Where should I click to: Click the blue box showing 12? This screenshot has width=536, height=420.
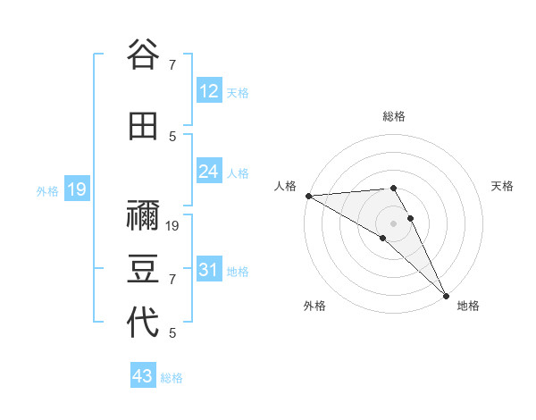point(209,91)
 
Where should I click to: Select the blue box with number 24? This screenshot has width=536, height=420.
point(209,171)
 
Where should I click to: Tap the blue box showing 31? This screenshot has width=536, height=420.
point(209,270)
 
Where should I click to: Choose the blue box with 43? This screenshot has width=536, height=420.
point(143,376)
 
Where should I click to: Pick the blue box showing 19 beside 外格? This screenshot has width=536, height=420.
point(76,189)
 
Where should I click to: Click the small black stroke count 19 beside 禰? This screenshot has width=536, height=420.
point(173,225)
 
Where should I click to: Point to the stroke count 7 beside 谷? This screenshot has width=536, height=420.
point(172,64)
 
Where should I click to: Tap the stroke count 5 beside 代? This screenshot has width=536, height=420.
point(172,333)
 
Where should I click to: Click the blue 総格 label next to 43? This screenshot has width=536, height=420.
point(172,378)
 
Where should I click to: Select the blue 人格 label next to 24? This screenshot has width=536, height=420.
point(238,172)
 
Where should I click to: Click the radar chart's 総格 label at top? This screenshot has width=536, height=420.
point(394,116)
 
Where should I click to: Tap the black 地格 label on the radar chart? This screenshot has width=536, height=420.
point(468,306)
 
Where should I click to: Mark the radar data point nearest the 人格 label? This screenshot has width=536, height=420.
point(308,196)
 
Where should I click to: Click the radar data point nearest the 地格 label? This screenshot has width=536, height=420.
point(446,295)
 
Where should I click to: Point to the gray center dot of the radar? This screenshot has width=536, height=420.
point(393,223)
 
